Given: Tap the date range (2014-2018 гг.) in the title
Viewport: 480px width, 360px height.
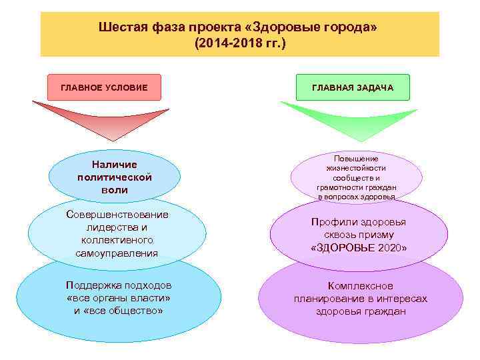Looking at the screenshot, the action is tap(240, 43).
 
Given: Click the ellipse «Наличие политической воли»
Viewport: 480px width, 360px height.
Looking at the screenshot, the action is tap(115, 177).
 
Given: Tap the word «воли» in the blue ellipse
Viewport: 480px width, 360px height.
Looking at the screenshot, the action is tap(115, 190).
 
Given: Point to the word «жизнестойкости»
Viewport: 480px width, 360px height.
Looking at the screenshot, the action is tap(356, 169).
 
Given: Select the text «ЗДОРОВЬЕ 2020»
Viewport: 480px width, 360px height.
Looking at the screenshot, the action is tap(359, 248).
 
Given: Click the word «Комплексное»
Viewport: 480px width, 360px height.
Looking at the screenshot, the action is tap(361, 286).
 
